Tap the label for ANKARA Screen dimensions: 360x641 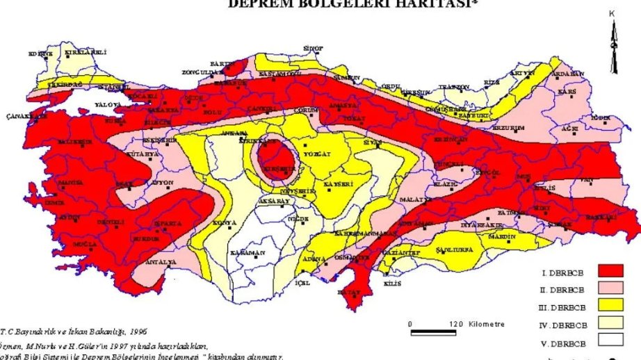pyautogui.click(x=234, y=133)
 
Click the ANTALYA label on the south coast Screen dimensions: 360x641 pyautogui.click(x=161, y=262)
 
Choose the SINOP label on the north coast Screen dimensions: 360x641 pyautogui.click(x=314, y=48)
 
